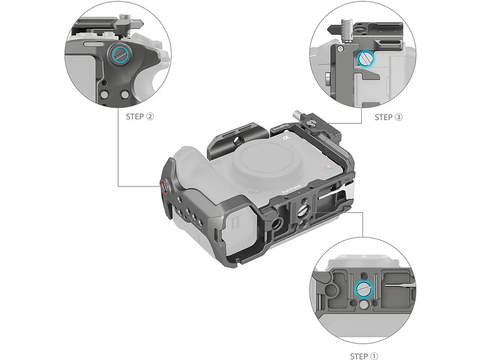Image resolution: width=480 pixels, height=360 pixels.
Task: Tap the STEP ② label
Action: [x=140, y=116]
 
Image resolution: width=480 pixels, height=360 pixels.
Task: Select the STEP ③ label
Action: [x=388, y=117]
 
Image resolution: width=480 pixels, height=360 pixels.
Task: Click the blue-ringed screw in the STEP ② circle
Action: [x=119, y=55]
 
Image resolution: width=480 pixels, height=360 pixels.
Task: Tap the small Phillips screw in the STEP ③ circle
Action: [x=341, y=49]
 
